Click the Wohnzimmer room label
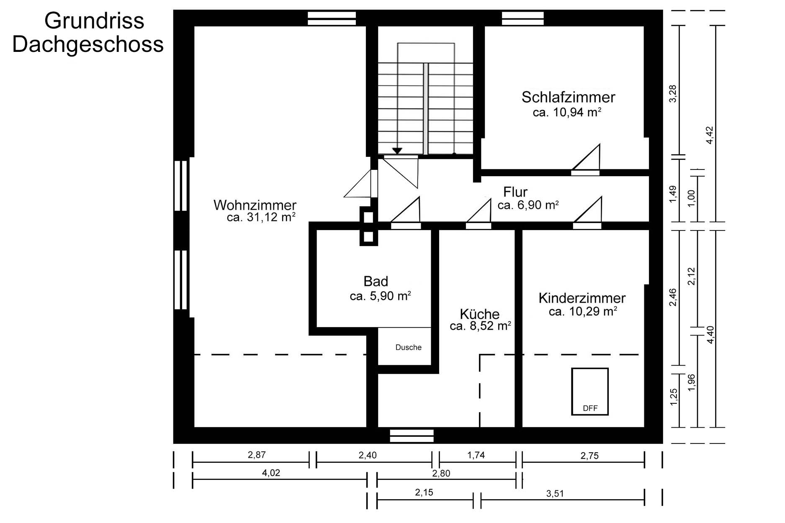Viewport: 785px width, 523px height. [255, 205]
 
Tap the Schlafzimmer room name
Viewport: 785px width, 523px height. [568, 97]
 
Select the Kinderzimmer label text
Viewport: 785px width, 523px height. [582, 298]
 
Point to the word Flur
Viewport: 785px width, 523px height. [515, 192]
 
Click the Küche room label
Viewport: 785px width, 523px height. [480, 314]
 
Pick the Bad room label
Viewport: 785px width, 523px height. [376, 281]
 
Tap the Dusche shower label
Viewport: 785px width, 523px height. [409, 347]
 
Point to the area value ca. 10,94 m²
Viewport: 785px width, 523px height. [567, 112]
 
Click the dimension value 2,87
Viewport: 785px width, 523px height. [257, 455]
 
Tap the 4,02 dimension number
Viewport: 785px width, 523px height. [271, 473]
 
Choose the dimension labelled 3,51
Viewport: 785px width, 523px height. [555, 494]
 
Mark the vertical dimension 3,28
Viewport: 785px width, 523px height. [672, 93]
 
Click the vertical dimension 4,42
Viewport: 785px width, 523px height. [709, 135]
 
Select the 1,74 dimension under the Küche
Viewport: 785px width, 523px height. [476, 455]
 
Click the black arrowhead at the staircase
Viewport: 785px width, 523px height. [397, 151]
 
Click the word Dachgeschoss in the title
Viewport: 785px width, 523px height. [88, 45]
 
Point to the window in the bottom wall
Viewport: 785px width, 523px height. [412, 436]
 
